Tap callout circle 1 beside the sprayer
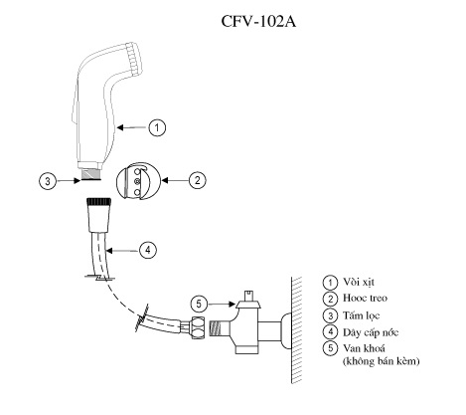[x=156, y=126]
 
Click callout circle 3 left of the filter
[x=47, y=181]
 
